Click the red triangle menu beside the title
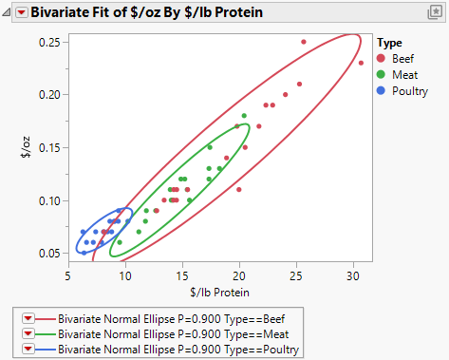22,12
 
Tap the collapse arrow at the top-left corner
9,12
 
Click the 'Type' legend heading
388,43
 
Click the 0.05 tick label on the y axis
49,254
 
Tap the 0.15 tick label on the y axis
49,147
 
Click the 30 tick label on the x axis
353,275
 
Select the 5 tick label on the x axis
68,275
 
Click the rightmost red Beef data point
361,63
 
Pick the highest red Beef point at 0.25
304,42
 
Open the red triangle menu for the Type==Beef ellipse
28,318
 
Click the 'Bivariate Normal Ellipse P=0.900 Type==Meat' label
179,334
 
